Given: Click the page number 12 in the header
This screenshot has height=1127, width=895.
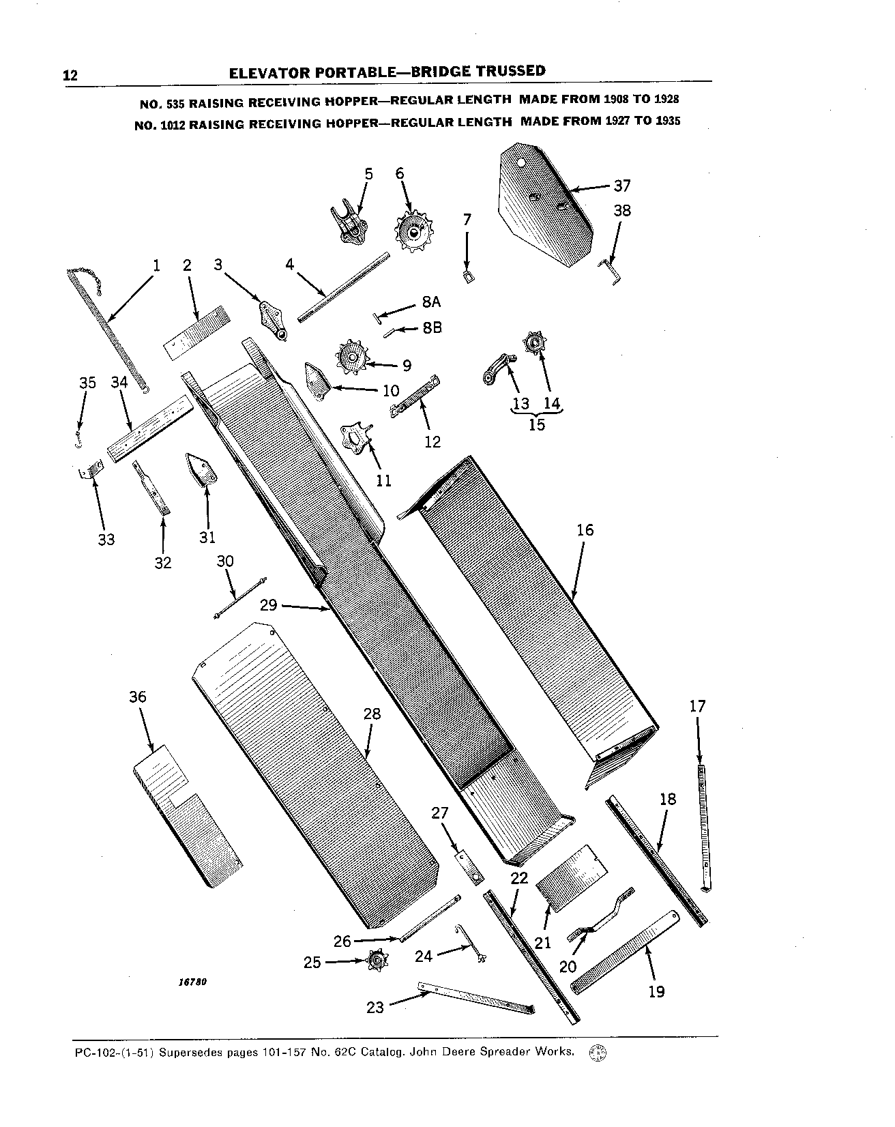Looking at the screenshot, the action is pyautogui.click(x=70, y=75).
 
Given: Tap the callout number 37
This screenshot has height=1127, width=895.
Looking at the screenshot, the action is pyautogui.click(x=621, y=186).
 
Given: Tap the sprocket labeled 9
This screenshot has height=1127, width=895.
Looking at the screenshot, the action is pyautogui.click(x=354, y=357).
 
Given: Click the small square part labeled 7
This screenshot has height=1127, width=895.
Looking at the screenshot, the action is pyautogui.click(x=468, y=277).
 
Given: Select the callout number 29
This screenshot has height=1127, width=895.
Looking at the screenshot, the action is pyautogui.click(x=269, y=604).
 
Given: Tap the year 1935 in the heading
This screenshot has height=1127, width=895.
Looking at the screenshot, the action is pyautogui.click(x=667, y=121).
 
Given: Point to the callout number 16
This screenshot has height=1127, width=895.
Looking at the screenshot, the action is pyautogui.click(x=585, y=530).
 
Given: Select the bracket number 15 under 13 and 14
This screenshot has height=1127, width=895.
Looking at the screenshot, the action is pyautogui.click(x=537, y=424).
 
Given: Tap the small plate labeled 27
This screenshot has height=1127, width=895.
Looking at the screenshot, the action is pyautogui.click(x=468, y=864).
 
